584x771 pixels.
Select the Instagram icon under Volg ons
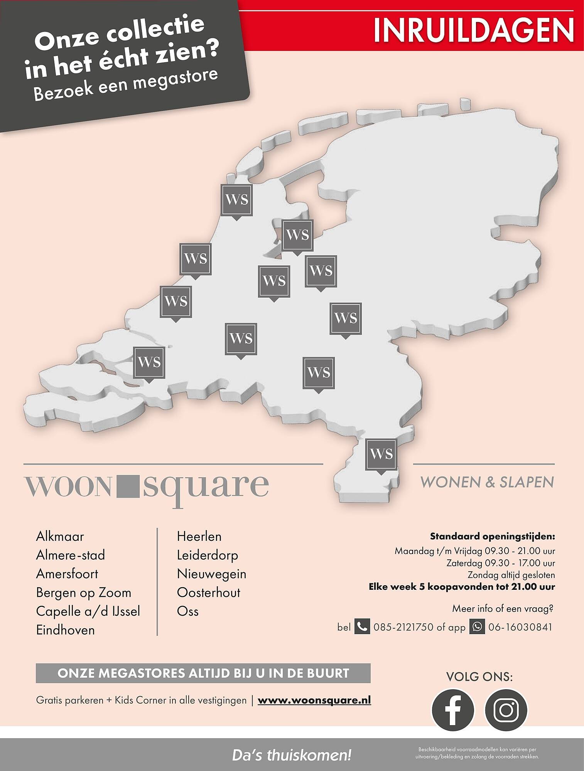point(505,709)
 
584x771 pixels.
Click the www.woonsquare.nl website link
point(314,700)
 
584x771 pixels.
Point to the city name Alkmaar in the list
point(60,536)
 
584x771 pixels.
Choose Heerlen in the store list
point(199,536)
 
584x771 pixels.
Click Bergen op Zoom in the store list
point(83,593)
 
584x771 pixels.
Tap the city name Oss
point(187,611)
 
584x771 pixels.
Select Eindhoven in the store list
point(65,630)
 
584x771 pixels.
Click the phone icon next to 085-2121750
point(362,627)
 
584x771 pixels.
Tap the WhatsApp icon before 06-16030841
point(477,627)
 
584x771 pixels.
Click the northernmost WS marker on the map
point(236,200)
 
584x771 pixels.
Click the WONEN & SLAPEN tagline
point(487,482)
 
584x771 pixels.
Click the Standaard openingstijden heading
point(492,536)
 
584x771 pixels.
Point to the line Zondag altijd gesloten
point(511,575)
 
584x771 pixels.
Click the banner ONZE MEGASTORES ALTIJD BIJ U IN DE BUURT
point(203,673)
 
